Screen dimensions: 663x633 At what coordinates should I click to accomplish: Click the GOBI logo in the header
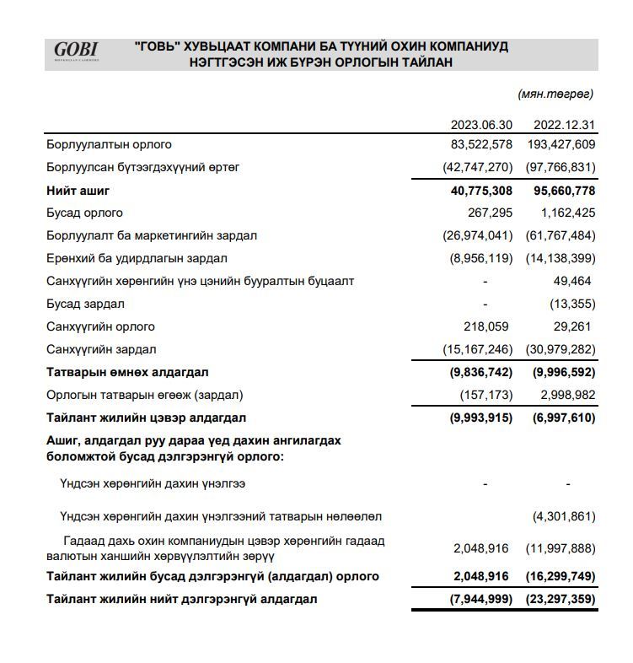[x=76, y=51]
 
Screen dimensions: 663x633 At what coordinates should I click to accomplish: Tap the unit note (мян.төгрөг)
[x=555, y=94]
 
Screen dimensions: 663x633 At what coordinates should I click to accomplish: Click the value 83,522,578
[x=481, y=144]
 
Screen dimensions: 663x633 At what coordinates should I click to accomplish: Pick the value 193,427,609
[x=561, y=144]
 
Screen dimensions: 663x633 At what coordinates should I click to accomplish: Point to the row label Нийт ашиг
[x=78, y=191]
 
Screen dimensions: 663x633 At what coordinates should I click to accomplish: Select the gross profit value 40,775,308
[x=481, y=191]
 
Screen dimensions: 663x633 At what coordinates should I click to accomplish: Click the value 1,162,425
[x=567, y=213]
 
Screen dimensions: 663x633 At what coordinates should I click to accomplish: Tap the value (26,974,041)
[x=477, y=235]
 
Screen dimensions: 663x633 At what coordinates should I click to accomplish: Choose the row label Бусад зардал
[x=85, y=304]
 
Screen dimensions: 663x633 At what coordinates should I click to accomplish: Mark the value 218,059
[x=487, y=326]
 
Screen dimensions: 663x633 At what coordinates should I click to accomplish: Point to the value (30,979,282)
[x=561, y=349]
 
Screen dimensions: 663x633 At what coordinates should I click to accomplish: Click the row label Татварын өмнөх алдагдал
[x=127, y=372]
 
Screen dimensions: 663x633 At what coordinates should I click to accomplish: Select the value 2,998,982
[x=567, y=395]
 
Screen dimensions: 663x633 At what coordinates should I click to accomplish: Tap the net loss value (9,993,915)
[x=478, y=418]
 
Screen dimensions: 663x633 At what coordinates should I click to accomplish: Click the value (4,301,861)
[x=564, y=515]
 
